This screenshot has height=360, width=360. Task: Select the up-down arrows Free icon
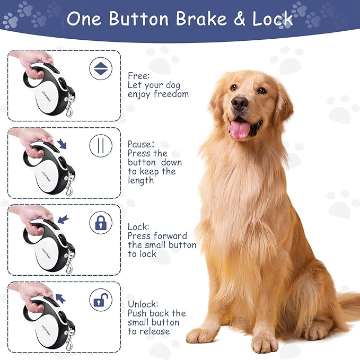click(x=101, y=69)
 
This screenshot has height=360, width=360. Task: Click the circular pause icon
click(x=101, y=146)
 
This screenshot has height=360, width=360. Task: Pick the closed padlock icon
click(x=101, y=223)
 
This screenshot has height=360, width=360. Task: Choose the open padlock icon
click(x=101, y=300)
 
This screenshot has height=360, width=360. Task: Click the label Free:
click(x=138, y=75)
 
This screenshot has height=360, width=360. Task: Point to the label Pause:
click(x=141, y=144)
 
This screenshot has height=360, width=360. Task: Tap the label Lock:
click(x=138, y=226)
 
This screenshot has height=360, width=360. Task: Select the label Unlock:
click(x=143, y=304)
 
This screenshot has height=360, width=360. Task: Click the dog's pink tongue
click(x=240, y=129)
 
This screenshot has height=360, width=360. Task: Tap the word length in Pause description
click(x=141, y=180)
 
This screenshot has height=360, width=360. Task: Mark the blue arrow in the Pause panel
click(x=63, y=144)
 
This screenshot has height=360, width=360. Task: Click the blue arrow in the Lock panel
click(x=63, y=219)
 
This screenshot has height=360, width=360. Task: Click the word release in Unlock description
click(x=155, y=331)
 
